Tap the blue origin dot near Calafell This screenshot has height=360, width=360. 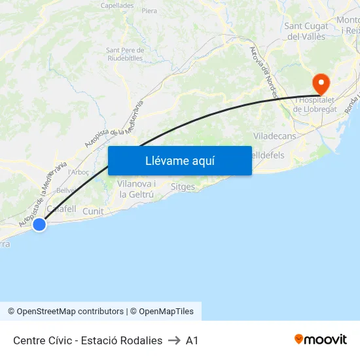click(39, 225)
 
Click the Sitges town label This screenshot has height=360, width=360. click(183, 187)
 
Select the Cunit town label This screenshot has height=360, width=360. click(93, 211)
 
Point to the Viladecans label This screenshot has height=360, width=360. click(274, 136)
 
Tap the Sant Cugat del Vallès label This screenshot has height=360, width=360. click(305, 31)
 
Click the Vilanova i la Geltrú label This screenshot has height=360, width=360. click(136, 189)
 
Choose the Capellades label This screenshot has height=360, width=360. click(117, 5)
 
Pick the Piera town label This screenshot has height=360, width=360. click(149, 11)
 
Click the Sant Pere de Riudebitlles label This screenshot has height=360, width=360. click(124, 54)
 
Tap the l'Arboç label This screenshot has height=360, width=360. click(79, 172)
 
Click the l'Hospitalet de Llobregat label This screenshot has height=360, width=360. click(315, 105)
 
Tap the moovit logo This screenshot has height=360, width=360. click(321, 339)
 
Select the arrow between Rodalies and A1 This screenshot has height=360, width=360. click(174, 340)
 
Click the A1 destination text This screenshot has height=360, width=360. click(192, 340)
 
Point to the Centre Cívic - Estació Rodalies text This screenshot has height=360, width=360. click(88, 340)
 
